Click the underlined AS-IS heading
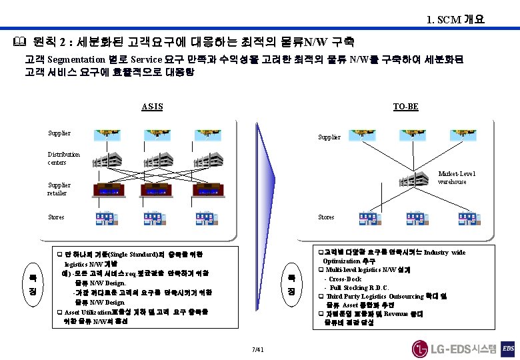152,107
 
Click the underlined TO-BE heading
405,107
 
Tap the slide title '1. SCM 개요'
456,19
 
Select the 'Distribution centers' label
63,158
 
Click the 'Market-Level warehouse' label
457,177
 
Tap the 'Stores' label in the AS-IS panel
57,217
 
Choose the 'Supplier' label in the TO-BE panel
329,137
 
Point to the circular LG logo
420,348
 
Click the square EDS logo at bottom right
508,348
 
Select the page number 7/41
259,349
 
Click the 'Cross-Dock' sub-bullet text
345,279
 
